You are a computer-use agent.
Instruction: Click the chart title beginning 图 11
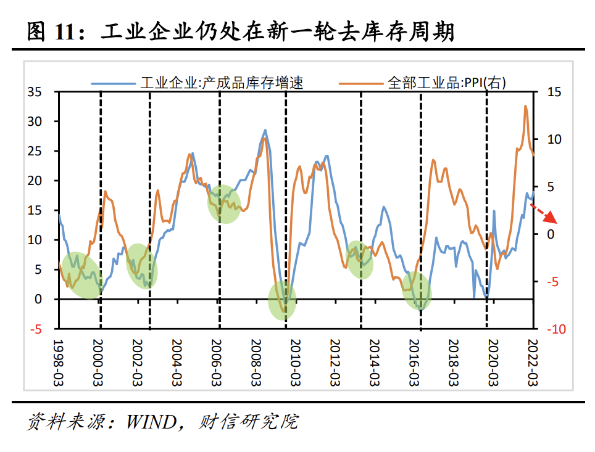tap(241, 31)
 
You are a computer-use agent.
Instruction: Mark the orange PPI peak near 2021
tap(526, 107)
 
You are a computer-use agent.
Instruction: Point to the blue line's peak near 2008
tap(265, 130)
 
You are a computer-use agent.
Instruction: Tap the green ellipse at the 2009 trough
tap(283, 300)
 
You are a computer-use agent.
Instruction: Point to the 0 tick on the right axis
tap(551, 234)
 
